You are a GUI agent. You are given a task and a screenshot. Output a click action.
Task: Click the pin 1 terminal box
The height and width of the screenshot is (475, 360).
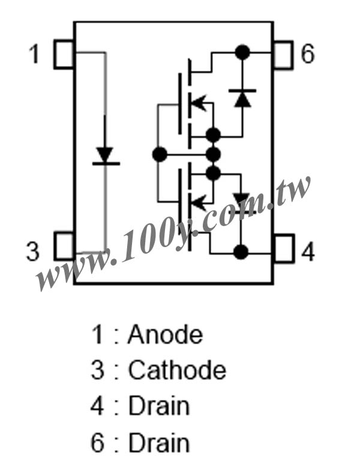(64, 54)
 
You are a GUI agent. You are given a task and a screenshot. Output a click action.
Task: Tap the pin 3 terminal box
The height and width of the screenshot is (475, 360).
(64, 246)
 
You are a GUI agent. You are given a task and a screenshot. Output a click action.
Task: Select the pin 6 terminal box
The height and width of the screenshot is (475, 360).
(283, 55)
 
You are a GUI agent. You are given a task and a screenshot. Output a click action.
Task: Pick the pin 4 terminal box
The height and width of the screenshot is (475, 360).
(284, 248)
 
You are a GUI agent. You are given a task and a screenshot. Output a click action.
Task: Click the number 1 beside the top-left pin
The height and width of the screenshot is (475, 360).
(34, 54)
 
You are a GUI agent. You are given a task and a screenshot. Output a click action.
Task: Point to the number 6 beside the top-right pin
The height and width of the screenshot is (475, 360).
(308, 54)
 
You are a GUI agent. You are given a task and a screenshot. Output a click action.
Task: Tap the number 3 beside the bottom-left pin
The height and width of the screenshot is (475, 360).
(33, 251)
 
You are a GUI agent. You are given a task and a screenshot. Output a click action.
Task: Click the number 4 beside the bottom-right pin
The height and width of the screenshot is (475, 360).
(308, 251)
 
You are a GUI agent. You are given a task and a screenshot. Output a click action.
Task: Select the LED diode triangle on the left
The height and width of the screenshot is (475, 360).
(105, 155)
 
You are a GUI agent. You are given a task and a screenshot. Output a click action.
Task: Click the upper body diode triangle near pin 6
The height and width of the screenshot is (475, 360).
(242, 99)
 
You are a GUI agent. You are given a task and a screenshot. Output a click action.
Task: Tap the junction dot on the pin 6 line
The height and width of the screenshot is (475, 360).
(242, 52)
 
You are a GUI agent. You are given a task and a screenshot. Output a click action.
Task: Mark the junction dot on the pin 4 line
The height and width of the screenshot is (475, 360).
(241, 252)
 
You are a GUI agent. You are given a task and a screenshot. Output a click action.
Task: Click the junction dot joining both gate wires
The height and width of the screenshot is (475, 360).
(160, 155)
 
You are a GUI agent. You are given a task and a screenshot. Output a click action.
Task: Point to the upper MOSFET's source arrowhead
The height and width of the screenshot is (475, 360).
(198, 103)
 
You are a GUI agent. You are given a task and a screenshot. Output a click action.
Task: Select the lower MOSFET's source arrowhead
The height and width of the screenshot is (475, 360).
(198, 202)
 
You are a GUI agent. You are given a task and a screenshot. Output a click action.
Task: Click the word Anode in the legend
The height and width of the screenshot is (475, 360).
(165, 335)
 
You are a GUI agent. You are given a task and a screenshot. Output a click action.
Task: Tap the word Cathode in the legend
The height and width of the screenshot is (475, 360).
(177, 370)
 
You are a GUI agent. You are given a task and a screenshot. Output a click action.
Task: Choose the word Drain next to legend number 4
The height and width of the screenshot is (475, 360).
(159, 405)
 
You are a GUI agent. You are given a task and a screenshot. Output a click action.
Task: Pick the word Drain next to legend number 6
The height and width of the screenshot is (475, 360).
(159, 443)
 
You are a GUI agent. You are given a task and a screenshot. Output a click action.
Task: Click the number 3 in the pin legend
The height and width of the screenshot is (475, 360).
(97, 370)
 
